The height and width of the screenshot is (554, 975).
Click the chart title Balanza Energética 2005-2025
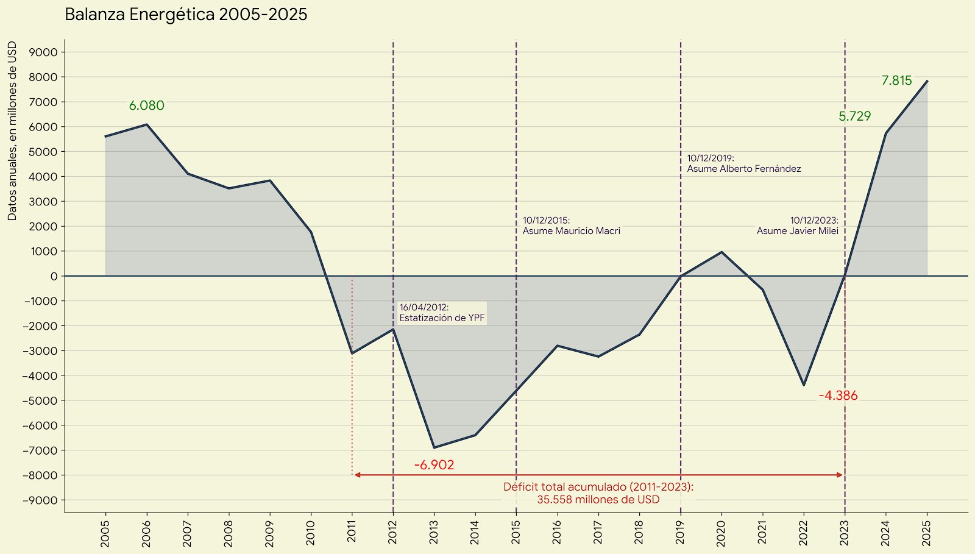click(186, 15)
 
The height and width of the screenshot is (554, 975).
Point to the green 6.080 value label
click(146, 105)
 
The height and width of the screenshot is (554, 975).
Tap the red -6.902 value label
click(434, 465)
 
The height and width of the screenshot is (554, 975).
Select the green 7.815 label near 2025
click(896, 80)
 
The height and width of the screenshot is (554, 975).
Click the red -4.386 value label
click(838, 396)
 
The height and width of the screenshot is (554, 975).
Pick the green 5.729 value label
click(854, 116)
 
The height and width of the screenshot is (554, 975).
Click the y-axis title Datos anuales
click(12, 130)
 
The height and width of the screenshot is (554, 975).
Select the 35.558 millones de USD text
click(598, 500)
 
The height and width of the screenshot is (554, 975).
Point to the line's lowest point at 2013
click(434, 447)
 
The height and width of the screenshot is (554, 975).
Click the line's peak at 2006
click(146, 124)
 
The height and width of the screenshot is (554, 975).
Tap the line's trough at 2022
click(804, 385)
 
